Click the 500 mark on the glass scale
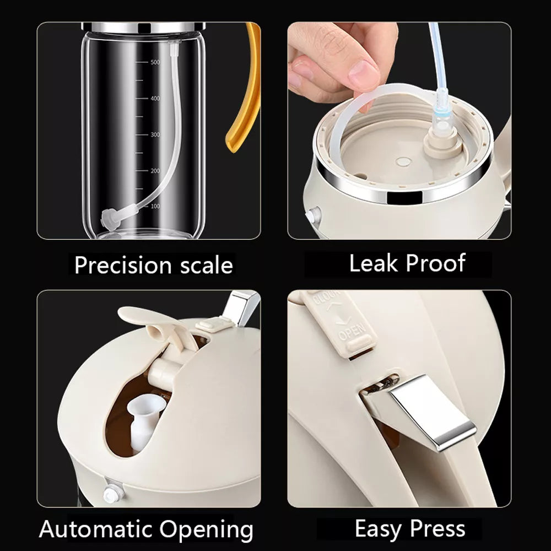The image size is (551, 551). [155, 63]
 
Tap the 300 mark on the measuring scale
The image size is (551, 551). [155, 134]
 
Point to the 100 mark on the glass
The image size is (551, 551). [155, 206]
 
